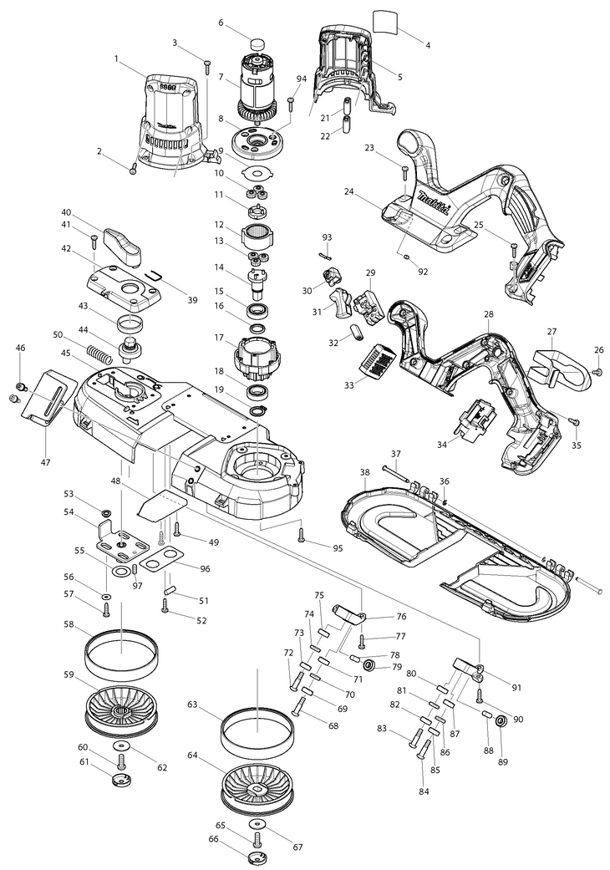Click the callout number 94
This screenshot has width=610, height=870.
(301, 79)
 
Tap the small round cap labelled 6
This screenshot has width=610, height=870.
(257, 43)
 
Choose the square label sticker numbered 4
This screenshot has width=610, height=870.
(386, 21)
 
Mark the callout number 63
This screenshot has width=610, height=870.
(192, 705)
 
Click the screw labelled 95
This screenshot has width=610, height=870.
(302, 534)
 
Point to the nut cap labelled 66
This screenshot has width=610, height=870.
(259, 857)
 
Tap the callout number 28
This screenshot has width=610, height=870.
(488, 314)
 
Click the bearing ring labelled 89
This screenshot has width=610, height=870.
(501, 721)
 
